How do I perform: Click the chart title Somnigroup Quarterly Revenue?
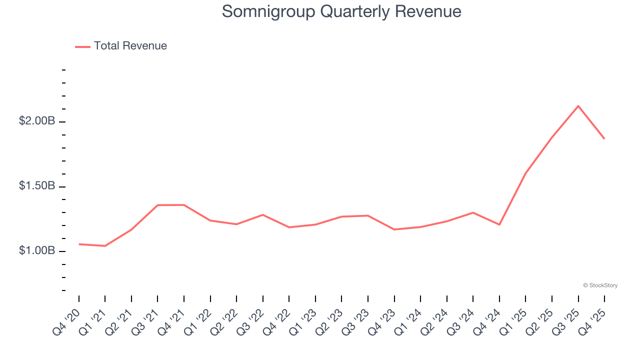(x=341, y=11)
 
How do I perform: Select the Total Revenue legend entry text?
(x=130, y=46)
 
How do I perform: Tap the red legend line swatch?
(x=82, y=46)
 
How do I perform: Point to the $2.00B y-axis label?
(x=37, y=121)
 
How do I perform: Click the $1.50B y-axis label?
(x=37, y=186)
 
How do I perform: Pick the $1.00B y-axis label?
(x=37, y=250)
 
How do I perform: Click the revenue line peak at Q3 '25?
(x=578, y=106)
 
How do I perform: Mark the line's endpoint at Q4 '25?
(x=604, y=138)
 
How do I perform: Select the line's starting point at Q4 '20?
(x=79, y=244)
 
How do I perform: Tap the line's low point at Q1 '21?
(x=105, y=246)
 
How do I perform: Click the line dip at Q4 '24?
(x=499, y=224)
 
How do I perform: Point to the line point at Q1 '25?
(x=525, y=173)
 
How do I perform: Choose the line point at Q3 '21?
(x=157, y=205)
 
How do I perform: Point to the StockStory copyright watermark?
(x=600, y=285)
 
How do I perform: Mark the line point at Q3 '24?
(x=473, y=212)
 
